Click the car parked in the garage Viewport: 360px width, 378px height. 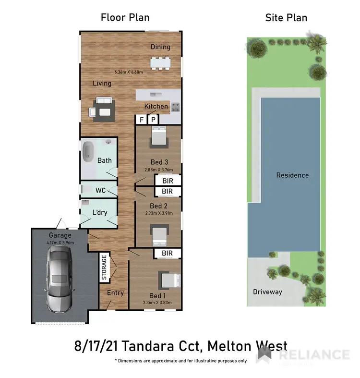coord(59,281)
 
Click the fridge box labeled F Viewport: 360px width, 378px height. coord(142,120)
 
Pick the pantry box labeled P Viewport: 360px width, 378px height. coord(153,120)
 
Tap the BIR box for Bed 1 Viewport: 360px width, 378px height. coord(167,253)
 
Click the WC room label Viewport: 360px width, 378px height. coord(100,190)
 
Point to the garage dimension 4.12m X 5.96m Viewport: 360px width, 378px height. coord(60,243)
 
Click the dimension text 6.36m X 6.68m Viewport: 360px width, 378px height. coord(129,72)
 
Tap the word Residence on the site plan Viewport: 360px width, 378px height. coord(292,175)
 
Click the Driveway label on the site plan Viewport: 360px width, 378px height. coord(267,292)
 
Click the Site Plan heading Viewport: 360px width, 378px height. coord(286,18)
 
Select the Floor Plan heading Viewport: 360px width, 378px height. coord(125,18)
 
